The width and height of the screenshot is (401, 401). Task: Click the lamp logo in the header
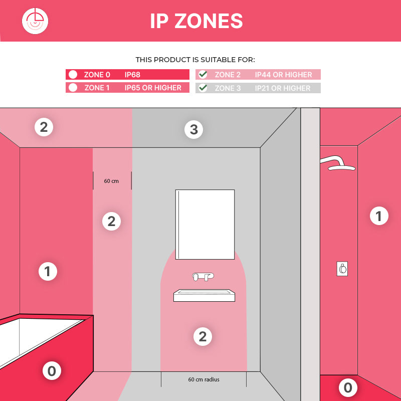tap(35, 21)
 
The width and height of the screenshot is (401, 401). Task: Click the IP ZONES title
tap(196, 21)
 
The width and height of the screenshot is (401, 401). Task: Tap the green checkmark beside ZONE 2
tap(203, 74)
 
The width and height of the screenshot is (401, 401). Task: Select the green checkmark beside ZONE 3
tap(203, 88)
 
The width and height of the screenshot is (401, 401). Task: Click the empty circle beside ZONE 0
tap(73, 74)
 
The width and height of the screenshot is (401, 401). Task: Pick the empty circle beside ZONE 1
tap(73, 87)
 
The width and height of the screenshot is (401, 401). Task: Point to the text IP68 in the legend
tap(132, 75)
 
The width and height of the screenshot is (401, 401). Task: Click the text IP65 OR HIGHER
tap(153, 88)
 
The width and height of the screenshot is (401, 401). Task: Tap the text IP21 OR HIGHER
tap(283, 88)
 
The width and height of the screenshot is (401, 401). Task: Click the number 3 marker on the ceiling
tap(194, 129)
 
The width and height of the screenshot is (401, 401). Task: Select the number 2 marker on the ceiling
tap(44, 127)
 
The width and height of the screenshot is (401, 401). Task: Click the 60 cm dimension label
tap(111, 181)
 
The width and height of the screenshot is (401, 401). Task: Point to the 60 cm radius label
tap(204, 379)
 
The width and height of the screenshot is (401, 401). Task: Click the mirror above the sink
tap(205, 224)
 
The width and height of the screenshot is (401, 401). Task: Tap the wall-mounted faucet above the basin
tap(203, 277)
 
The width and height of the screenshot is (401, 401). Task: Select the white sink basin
tap(204, 296)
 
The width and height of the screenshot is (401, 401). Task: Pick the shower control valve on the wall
tap(342, 269)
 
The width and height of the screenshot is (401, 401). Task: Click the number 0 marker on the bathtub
tap(52, 371)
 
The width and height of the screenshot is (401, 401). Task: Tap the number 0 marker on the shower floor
tap(348, 387)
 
